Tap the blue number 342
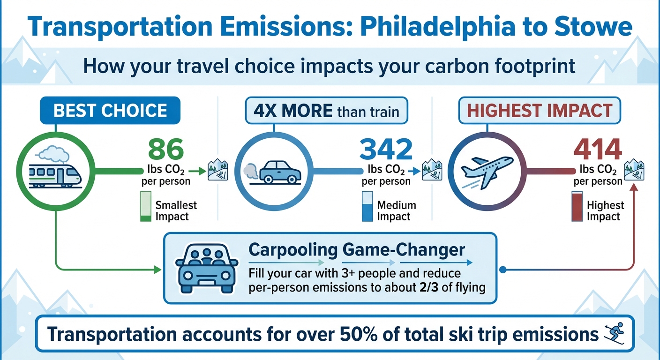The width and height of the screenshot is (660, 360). click(386, 149)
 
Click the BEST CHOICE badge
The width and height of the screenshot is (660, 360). click(111, 111)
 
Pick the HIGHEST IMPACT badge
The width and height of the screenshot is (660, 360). click(540, 111)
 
